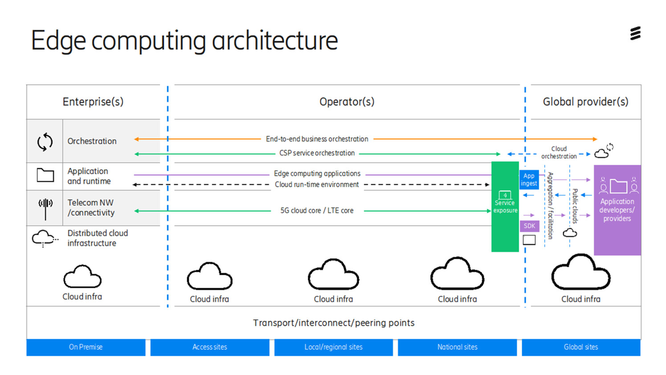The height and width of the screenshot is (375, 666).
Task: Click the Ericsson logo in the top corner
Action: point(635,33)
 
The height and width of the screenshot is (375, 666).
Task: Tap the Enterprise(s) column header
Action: point(93,102)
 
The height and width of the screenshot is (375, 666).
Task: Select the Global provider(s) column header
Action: point(585,102)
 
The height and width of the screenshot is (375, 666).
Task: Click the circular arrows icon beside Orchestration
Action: point(45,142)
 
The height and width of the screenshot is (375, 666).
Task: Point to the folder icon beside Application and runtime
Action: point(45,175)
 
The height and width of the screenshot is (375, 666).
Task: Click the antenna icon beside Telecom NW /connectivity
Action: point(45,208)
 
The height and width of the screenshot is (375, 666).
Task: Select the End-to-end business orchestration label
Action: point(317,139)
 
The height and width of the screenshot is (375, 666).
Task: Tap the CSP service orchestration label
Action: point(317,153)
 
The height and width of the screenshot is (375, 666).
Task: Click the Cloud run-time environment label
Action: point(317,184)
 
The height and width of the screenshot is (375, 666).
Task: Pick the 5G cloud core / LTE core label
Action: point(317,211)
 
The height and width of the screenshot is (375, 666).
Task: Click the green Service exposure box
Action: point(505,207)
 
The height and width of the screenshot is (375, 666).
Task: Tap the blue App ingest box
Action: point(529,179)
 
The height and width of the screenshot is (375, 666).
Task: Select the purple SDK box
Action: point(529,226)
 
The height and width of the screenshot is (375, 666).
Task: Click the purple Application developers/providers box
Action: point(617,210)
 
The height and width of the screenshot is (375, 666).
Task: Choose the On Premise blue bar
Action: point(86,347)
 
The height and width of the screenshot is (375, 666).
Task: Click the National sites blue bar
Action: point(457,347)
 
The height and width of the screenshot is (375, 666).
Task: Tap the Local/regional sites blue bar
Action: point(333,347)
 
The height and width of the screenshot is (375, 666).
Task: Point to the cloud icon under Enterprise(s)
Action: point(82,277)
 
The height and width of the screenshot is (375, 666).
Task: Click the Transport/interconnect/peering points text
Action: point(334,323)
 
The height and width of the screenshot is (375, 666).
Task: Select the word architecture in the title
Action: point(274,41)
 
